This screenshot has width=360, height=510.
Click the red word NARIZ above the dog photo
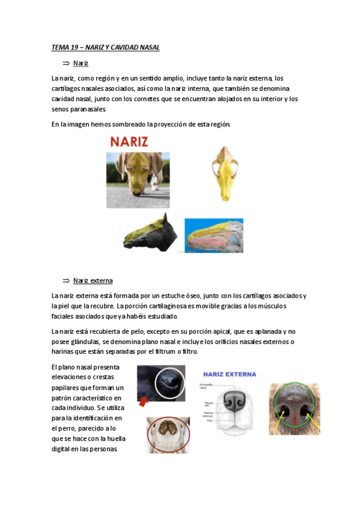[129, 142]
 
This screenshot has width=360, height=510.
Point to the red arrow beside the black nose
[144, 401]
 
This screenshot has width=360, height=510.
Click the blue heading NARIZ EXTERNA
[229, 374]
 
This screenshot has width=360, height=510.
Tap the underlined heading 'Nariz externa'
[93, 280]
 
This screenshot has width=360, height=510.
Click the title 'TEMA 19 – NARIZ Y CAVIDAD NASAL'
[105, 48]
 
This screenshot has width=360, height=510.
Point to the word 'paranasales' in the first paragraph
[89, 109]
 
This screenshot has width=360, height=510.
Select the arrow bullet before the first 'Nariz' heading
[66, 63]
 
